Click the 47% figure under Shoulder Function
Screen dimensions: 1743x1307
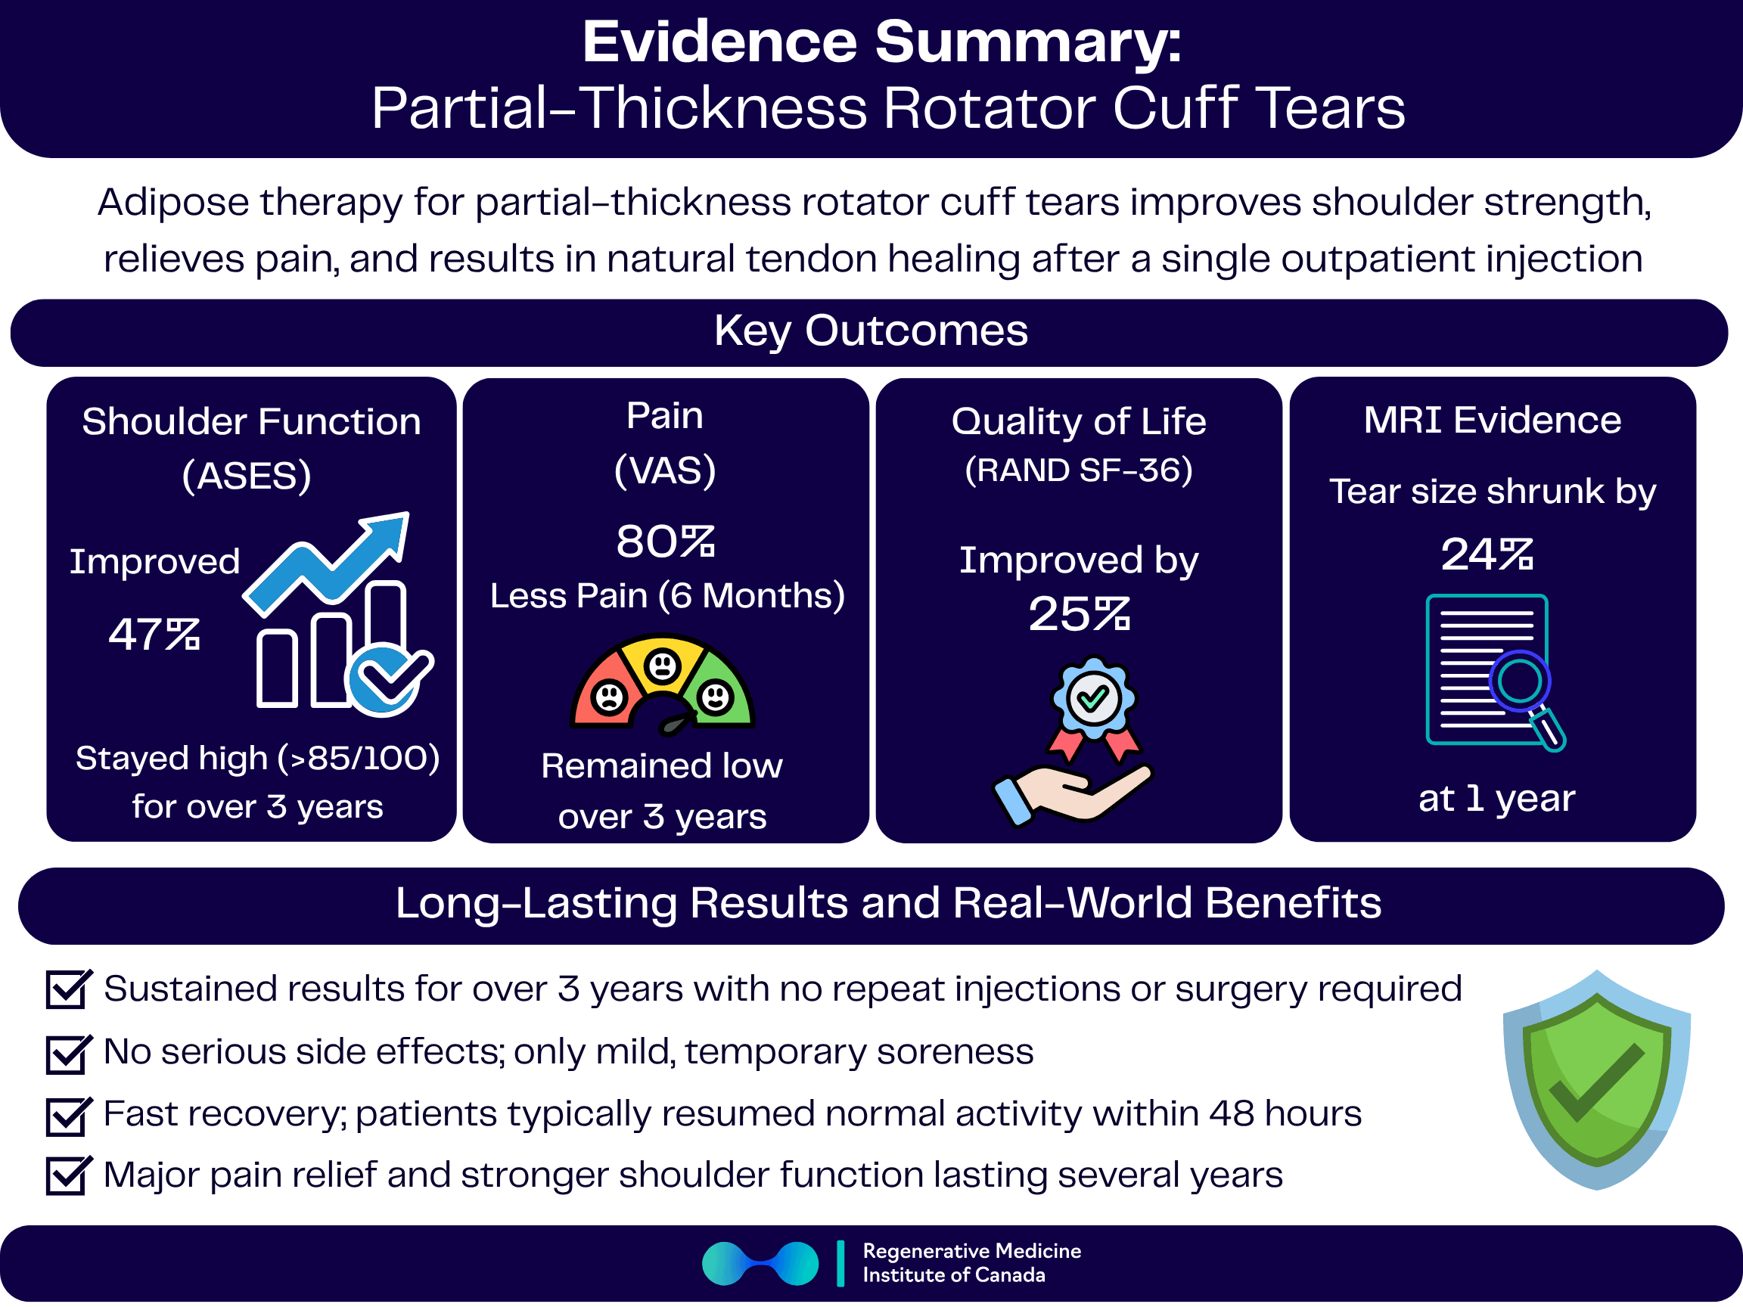coord(154,634)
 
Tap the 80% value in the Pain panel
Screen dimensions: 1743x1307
coord(665,542)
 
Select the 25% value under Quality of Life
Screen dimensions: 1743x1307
coord(1079,614)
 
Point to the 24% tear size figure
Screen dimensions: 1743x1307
coord(1487,554)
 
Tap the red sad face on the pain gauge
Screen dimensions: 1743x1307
coord(609,697)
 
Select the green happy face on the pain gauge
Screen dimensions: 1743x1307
coord(716,697)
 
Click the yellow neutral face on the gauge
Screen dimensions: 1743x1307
coord(663,666)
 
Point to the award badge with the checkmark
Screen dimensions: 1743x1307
coord(1093,698)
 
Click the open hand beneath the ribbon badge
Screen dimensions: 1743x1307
coord(1072,793)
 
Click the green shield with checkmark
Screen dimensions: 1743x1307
coord(1596,1079)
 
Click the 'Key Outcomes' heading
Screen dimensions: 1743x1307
coord(871,331)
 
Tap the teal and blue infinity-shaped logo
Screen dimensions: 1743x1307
coord(760,1264)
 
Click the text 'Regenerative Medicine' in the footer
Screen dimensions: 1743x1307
coord(971,1251)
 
